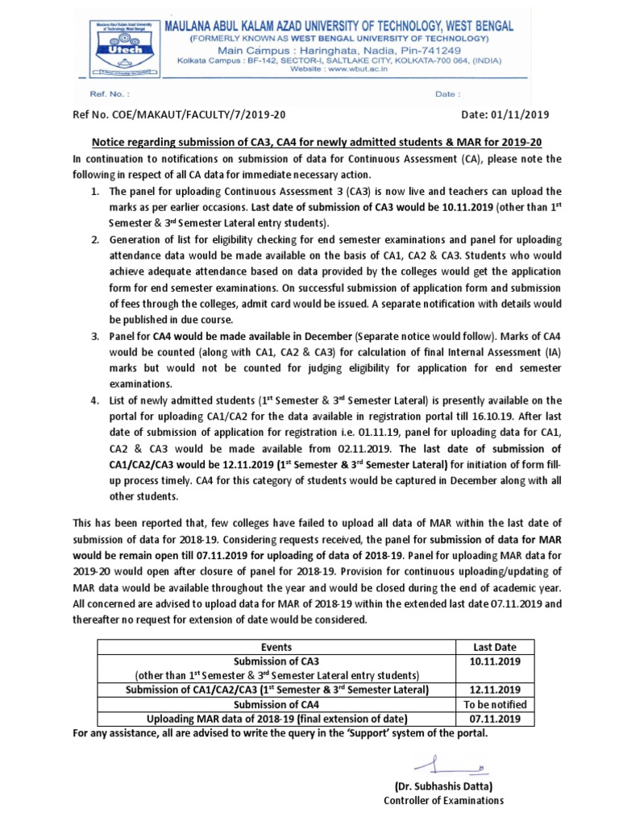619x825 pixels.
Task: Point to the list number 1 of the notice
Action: click(x=93, y=193)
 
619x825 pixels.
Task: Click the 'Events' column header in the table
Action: click(x=277, y=647)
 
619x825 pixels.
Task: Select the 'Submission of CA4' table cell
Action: click(x=277, y=704)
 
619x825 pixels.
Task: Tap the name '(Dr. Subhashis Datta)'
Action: click(x=443, y=786)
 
